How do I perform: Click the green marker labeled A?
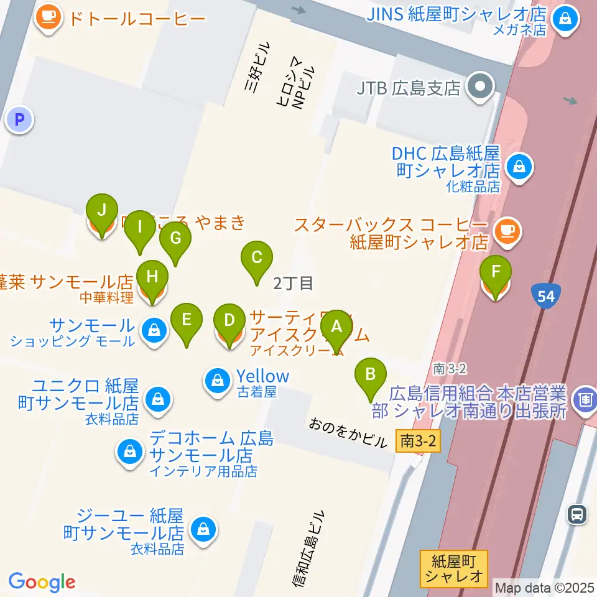click(x=336, y=326)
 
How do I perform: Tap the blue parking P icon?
click(x=19, y=119)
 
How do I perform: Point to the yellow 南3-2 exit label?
click(x=417, y=442)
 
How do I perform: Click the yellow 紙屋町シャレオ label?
click(x=453, y=568)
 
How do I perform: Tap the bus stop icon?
click(x=577, y=513)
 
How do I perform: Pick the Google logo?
click(x=42, y=582)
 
